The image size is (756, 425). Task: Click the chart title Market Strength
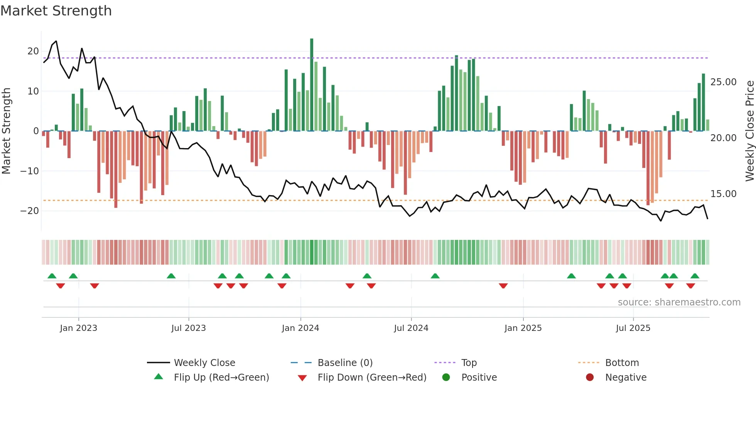tap(56, 11)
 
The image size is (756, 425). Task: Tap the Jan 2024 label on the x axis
tap(300, 328)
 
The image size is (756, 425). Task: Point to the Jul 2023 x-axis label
tap(189, 328)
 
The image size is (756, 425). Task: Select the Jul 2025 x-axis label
tap(633, 328)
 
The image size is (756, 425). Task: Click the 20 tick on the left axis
tap(33, 51)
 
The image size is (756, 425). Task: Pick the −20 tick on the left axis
tap(30, 211)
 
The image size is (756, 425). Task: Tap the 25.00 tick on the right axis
tap(723, 82)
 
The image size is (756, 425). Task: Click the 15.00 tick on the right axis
tap(723, 194)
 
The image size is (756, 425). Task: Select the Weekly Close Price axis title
tap(749, 131)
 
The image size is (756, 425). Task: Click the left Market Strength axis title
tap(6, 131)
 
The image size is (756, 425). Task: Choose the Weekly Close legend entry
tap(204, 363)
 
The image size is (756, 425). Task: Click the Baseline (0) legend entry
tap(345, 363)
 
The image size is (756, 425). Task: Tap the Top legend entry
tap(469, 363)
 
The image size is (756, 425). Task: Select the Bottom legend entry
tap(622, 363)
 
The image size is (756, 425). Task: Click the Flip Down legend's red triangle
tap(302, 378)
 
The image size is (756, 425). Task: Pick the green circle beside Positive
tap(446, 378)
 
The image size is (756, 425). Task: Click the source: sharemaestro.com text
tap(679, 302)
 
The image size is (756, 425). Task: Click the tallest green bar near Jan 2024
tap(312, 85)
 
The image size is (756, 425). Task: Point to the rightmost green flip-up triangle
tap(695, 276)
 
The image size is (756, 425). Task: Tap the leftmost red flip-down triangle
tap(61, 286)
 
